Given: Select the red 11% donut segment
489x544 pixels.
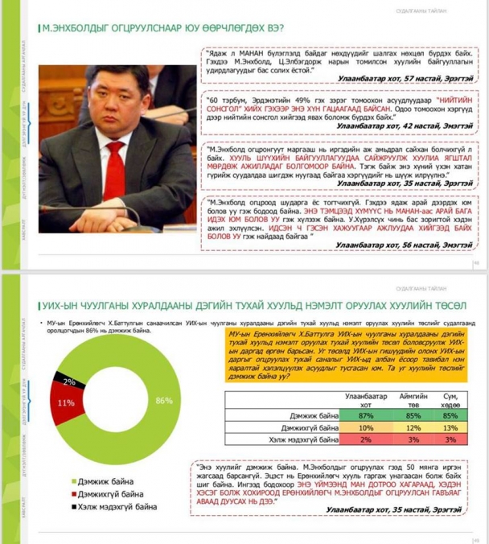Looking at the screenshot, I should [x=64, y=403].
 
